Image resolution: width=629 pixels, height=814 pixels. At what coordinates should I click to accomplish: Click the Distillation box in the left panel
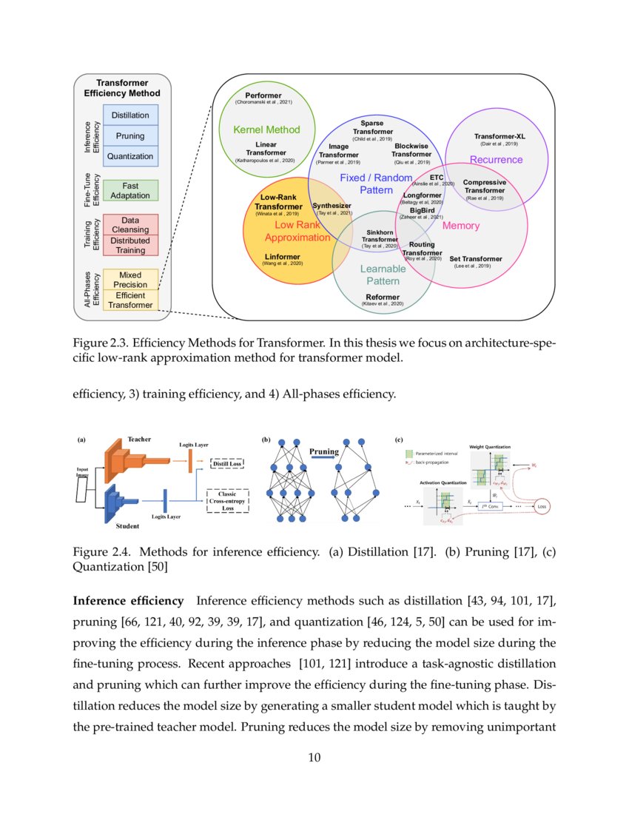(129, 115)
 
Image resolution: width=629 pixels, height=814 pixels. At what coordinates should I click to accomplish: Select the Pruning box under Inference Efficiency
(129, 136)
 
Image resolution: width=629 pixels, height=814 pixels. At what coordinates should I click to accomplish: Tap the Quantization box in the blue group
(129, 156)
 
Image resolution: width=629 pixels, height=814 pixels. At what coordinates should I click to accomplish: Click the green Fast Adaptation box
(130, 191)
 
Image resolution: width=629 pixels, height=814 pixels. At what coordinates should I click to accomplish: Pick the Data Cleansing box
(130, 225)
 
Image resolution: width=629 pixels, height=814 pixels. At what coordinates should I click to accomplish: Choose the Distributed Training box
(130, 245)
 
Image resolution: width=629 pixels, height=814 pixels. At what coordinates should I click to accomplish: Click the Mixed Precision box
(130, 279)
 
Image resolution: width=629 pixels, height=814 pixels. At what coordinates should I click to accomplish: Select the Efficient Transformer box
(130, 299)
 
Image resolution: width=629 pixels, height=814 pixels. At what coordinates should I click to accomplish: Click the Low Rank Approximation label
(297, 231)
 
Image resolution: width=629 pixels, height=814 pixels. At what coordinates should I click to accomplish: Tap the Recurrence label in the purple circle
(496, 159)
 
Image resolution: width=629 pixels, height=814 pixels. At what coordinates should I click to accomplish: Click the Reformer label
(382, 297)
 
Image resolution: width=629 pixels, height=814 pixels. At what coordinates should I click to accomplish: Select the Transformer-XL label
(499, 136)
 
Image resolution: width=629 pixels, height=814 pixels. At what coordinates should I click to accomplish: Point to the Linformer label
(283, 256)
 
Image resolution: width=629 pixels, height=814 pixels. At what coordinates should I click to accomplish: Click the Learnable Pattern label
(383, 275)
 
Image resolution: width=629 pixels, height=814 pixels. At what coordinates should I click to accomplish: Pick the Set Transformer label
(476, 259)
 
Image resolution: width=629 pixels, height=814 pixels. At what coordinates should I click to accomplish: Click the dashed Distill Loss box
(226, 464)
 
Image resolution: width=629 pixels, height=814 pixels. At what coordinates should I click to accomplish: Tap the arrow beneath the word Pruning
(324, 460)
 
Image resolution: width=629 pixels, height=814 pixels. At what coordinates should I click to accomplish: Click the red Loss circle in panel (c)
(542, 507)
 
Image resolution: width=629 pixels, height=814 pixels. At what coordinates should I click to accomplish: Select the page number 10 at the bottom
(314, 757)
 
